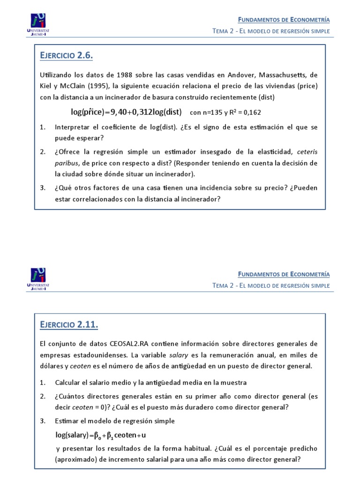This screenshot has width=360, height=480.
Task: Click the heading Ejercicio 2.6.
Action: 67,56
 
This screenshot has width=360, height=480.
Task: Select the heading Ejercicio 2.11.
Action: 69,324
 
